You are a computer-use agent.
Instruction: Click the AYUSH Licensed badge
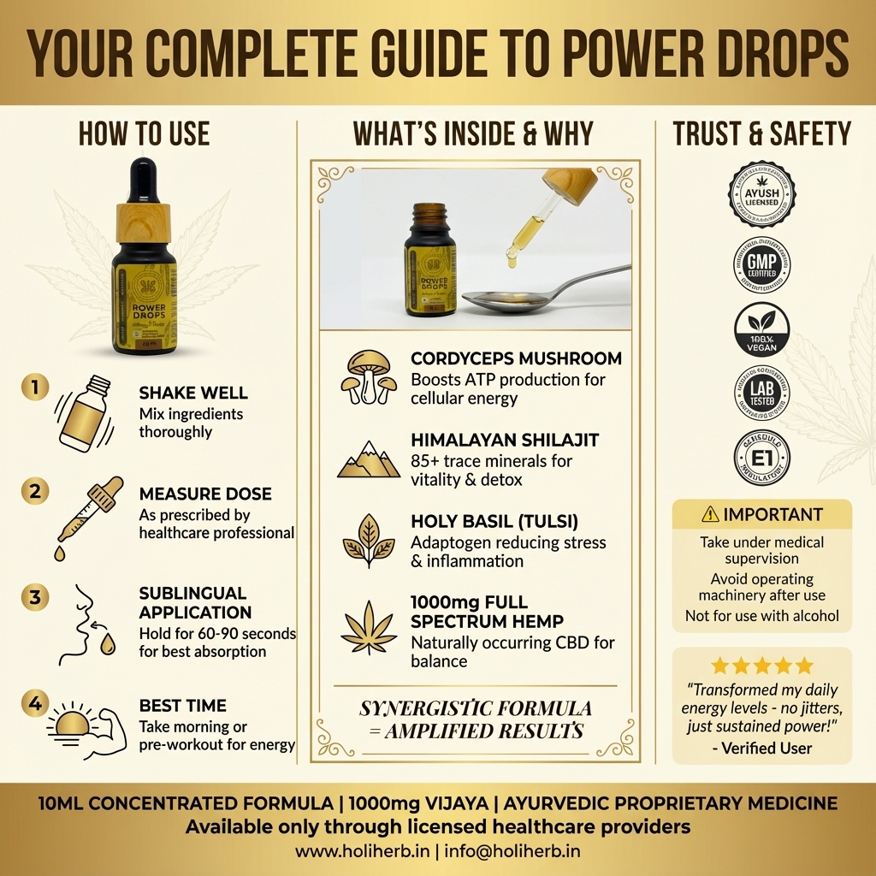tap(761, 194)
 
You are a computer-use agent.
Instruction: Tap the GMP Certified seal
tap(761, 264)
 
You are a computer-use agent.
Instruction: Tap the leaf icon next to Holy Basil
tap(369, 542)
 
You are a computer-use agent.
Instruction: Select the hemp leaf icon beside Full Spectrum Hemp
tap(369, 627)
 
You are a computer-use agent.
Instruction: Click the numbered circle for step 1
tap(35, 388)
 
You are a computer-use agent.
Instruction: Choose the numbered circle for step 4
tap(35, 704)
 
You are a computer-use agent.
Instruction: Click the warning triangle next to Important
tap(710, 514)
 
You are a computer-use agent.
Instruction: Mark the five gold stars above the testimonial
tap(761, 666)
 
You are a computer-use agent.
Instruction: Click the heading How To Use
tap(144, 133)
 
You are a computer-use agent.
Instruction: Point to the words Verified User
tap(761, 748)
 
